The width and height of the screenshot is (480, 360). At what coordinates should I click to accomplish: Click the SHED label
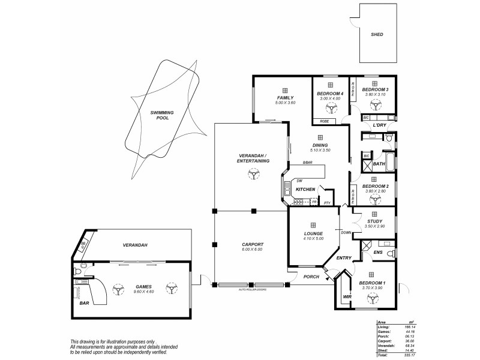(x=376, y=34)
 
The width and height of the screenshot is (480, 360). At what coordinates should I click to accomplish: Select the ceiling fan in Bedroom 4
(x=329, y=109)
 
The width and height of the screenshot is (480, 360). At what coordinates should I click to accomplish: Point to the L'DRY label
(x=379, y=125)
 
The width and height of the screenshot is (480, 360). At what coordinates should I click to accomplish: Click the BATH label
(x=379, y=163)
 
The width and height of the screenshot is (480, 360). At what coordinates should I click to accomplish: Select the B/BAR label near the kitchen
(x=308, y=163)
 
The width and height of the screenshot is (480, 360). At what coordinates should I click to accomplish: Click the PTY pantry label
(x=327, y=203)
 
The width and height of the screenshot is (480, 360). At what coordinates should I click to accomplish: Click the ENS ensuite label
(x=378, y=253)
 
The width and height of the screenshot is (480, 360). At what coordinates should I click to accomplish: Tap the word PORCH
(x=310, y=277)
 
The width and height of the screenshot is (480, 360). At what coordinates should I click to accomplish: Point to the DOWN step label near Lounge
(x=346, y=233)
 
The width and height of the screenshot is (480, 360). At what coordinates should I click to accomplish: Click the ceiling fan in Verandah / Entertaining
(x=254, y=174)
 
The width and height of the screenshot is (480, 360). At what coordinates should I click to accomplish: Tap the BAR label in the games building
(x=85, y=302)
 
